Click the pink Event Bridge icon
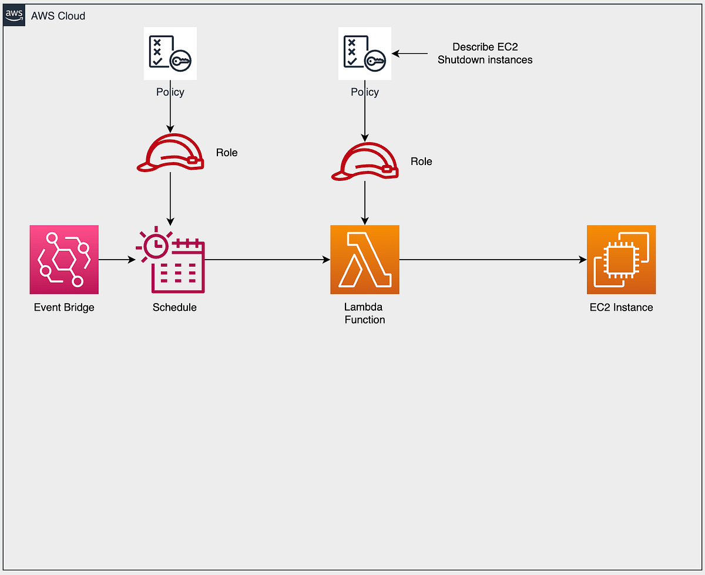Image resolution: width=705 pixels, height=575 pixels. tap(64, 260)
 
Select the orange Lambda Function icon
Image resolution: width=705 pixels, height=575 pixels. tap(365, 260)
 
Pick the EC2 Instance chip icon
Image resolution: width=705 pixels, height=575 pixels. tap(621, 260)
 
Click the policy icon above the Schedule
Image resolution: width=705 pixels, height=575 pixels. tap(170, 53)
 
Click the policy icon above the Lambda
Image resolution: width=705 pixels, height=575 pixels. tap(365, 53)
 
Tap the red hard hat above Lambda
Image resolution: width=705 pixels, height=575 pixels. tap(365, 163)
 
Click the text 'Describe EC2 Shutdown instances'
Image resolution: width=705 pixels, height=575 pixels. tap(485, 53)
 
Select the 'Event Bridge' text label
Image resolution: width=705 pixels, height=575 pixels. tap(64, 307)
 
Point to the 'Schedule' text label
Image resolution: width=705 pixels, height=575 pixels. tap(174, 307)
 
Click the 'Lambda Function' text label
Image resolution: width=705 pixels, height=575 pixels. tap(365, 314)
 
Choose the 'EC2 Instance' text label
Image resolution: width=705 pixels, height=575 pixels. tap(621, 307)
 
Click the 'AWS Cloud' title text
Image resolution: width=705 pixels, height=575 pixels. tap(58, 16)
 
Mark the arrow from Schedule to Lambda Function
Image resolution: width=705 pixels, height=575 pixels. tap(267, 260)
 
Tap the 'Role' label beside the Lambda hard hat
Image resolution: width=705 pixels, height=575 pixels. tap(421, 162)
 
